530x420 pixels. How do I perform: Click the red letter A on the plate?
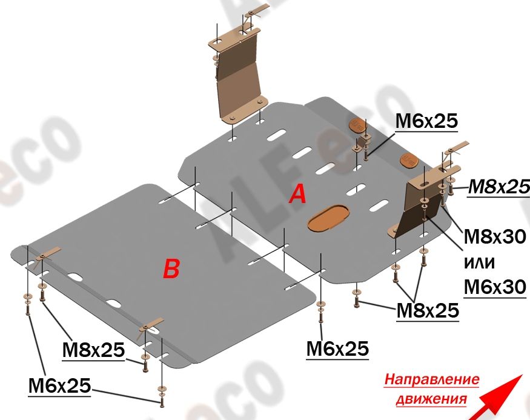(x=298, y=195)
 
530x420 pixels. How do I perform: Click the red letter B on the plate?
(x=171, y=268)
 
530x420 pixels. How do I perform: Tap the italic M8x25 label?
(x=499, y=187)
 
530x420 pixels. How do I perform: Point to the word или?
(x=479, y=262)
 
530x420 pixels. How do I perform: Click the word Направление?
(x=432, y=379)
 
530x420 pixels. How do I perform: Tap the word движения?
(x=431, y=399)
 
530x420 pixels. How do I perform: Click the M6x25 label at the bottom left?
(x=60, y=386)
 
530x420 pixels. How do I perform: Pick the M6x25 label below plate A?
(x=337, y=348)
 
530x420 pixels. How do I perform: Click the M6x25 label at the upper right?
(x=426, y=121)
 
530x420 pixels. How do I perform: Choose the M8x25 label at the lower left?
(x=94, y=350)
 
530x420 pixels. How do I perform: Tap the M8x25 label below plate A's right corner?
(x=428, y=310)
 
